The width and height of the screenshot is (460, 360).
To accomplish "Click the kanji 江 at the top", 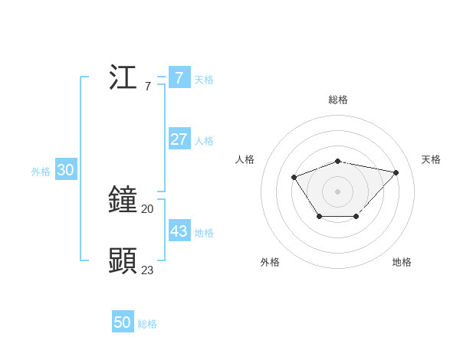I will [123, 78].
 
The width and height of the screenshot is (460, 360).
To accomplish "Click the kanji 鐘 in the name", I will [123, 199].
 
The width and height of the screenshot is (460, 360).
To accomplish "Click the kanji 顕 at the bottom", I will [123, 261].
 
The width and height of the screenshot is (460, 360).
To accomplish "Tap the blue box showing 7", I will [179, 77].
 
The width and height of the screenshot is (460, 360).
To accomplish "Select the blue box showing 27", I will [179, 139].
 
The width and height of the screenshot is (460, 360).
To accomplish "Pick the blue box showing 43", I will [179, 231].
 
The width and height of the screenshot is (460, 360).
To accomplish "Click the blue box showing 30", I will [65, 170].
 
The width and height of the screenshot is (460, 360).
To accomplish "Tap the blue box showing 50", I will [123, 322].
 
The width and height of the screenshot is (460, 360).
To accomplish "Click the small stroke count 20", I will [147, 208].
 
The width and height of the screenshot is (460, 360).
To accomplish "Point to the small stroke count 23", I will [147, 270].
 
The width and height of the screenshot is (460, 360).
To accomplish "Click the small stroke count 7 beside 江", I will [147, 87].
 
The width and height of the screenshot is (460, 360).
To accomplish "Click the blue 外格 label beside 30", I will [41, 172].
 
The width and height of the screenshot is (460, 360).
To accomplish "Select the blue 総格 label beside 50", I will [147, 324].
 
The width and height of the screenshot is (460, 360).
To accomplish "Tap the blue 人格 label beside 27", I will [204, 141].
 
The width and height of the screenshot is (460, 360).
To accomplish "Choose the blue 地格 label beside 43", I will [204, 233].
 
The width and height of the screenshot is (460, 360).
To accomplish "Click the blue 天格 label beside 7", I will [204, 80].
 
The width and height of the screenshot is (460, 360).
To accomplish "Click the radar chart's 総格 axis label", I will [338, 100].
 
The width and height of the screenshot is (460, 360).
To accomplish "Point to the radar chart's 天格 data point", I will [396, 172].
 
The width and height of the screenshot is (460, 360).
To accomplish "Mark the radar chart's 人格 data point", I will [294, 178].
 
